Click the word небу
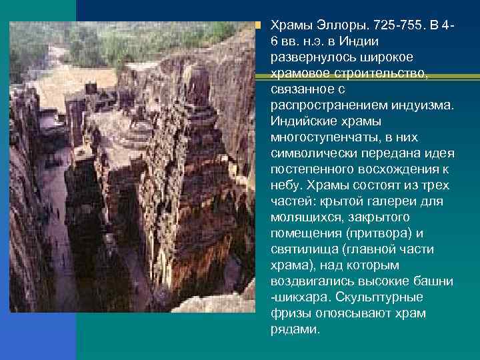click(x=284, y=185)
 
